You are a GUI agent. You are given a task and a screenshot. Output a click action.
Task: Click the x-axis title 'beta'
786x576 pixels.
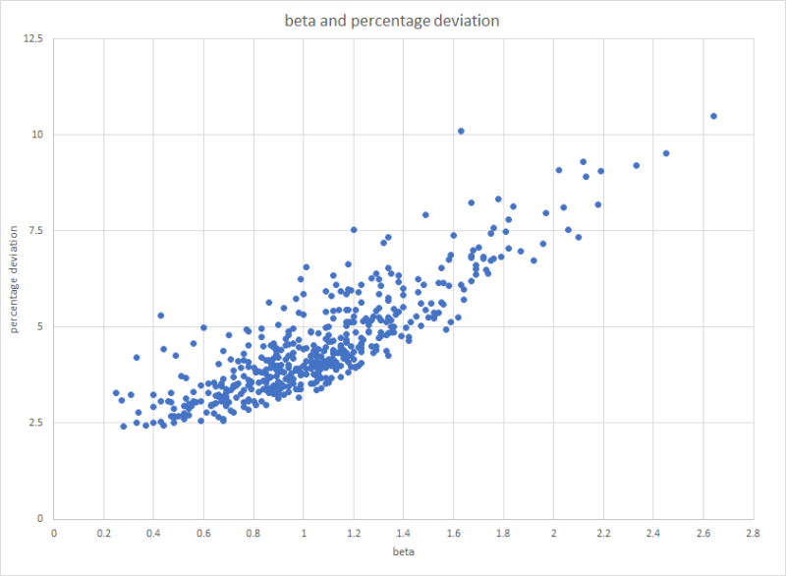pyautogui.click(x=404, y=552)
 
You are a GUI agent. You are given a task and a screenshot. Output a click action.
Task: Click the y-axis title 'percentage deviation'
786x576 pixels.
pyautogui.click(x=15, y=279)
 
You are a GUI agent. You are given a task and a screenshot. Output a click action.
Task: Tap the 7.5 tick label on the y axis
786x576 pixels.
pyautogui.click(x=35, y=231)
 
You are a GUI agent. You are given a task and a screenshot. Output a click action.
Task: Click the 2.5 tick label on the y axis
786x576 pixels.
pyautogui.click(x=35, y=423)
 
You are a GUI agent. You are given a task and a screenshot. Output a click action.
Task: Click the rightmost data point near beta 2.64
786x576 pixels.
pyautogui.click(x=713, y=116)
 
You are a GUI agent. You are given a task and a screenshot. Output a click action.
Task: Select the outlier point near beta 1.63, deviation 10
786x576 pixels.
pyautogui.click(x=461, y=131)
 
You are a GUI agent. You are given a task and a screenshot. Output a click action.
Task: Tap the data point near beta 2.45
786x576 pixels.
pyautogui.click(x=666, y=153)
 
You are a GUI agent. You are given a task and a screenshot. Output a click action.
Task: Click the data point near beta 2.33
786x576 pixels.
pyautogui.click(x=636, y=165)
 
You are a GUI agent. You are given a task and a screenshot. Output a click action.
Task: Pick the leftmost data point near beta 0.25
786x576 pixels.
pyautogui.click(x=116, y=392)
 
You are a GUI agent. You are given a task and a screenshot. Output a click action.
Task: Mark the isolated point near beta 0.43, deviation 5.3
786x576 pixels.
pyautogui.click(x=161, y=316)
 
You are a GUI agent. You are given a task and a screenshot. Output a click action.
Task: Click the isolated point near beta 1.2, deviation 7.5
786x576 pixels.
pyautogui.click(x=354, y=230)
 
